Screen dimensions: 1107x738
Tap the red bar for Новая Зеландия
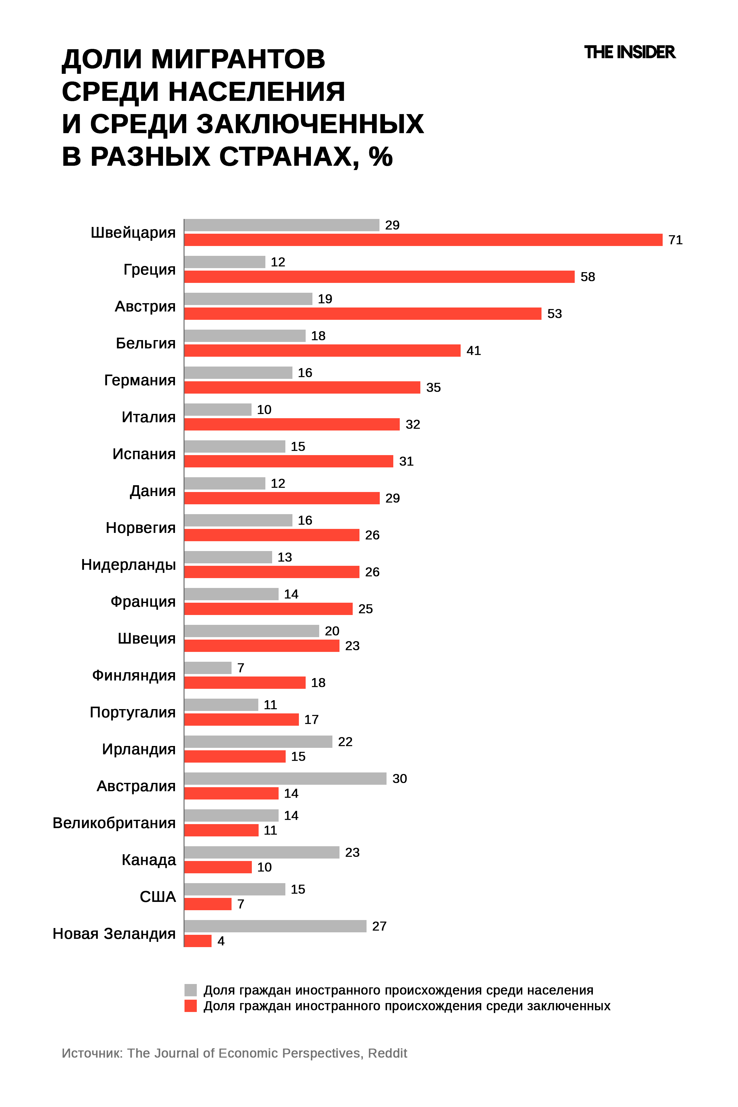coord(198,941)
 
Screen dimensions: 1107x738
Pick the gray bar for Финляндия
coord(208,668)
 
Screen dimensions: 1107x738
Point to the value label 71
coord(675,240)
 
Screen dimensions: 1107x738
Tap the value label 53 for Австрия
coord(554,314)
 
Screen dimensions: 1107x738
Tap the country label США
coord(158,897)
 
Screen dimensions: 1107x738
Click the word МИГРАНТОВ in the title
coord(238,59)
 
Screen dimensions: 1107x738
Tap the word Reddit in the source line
coord(387,1053)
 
